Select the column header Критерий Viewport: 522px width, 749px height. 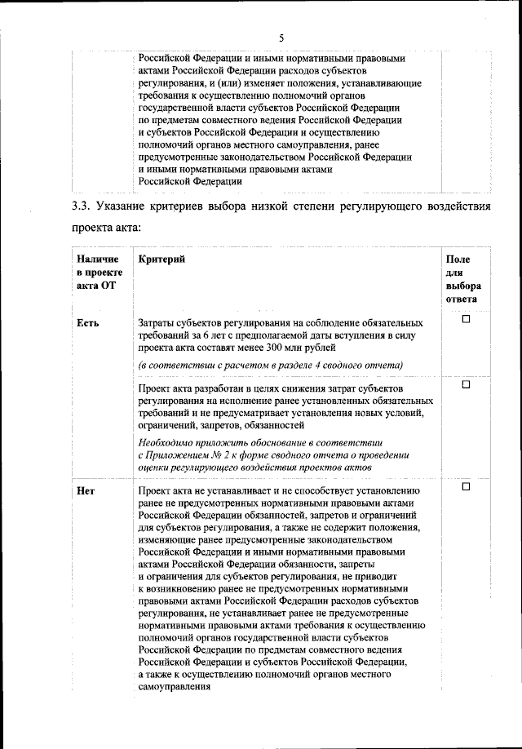tap(161, 259)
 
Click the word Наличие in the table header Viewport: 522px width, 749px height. tap(96, 259)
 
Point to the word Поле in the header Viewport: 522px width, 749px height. tap(458, 259)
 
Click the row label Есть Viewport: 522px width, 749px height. tap(87, 322)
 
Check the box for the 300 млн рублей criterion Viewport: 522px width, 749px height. tap(467, 320)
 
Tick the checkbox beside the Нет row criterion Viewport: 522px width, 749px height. tap(467, 487)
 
